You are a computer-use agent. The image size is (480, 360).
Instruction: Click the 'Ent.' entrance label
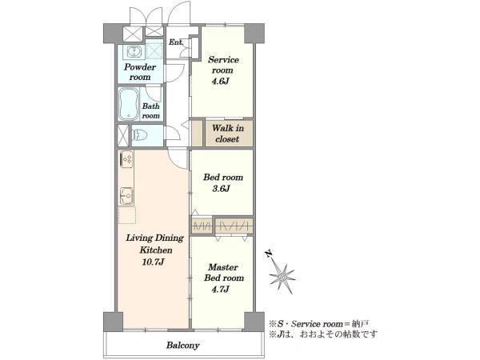click(176, 42)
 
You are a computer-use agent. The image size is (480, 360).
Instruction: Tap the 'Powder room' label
click(140, 72)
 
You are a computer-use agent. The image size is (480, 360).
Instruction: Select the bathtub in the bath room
click(129, 104)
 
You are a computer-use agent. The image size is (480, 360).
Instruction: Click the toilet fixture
click(140, 134)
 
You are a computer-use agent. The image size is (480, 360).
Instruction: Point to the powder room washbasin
click(134, 52)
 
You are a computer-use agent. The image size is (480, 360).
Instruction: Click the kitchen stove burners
click(126, 159)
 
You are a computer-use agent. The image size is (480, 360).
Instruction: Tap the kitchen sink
click(126, 196)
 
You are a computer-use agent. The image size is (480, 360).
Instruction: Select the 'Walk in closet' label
click(228, 134)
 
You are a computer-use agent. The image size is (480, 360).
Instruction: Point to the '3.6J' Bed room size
click(221, 189)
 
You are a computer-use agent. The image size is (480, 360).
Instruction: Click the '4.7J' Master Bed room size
click(221, 289)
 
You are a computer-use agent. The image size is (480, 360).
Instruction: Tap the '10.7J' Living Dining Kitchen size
click(154, 262)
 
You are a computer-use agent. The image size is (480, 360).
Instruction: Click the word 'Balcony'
click(182, 346)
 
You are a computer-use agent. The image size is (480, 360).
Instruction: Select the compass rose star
click(282, 277)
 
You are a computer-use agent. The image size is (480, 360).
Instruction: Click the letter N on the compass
click(269, 254)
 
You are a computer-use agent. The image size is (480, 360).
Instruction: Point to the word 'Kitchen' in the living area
click(156, 250)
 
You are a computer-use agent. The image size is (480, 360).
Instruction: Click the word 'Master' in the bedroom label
click(223, 267)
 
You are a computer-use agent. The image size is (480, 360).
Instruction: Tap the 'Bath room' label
click(151, 111)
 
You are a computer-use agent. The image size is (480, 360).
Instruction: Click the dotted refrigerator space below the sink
click(127, 215)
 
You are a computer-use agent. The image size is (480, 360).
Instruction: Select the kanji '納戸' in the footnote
click(361, 323)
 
